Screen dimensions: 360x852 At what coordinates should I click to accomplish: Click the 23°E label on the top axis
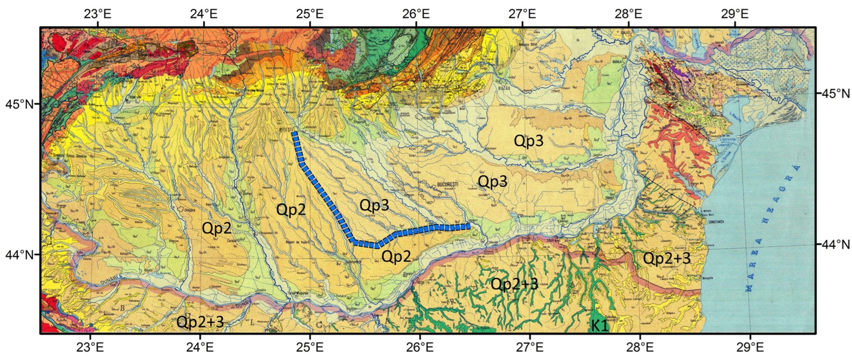pos(98,14)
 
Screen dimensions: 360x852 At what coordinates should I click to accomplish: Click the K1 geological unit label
pos(600,326)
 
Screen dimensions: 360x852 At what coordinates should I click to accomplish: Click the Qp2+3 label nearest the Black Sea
pos(666,258)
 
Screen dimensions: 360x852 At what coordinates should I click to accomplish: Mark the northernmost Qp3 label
pos(529,141)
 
